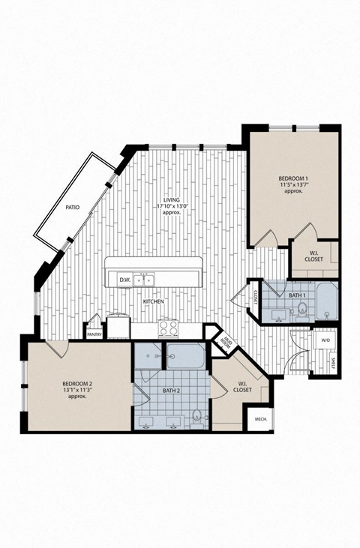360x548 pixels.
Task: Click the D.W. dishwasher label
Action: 124,280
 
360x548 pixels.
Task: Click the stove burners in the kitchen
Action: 167,328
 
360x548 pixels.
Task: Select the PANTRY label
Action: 94,335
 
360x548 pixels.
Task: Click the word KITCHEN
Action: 154,302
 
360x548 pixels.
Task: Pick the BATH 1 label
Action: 298,296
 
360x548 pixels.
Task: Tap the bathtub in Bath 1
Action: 327,301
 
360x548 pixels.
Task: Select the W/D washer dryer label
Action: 325,340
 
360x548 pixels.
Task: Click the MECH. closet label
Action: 261,420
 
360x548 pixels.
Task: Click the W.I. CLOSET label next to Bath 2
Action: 241,387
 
